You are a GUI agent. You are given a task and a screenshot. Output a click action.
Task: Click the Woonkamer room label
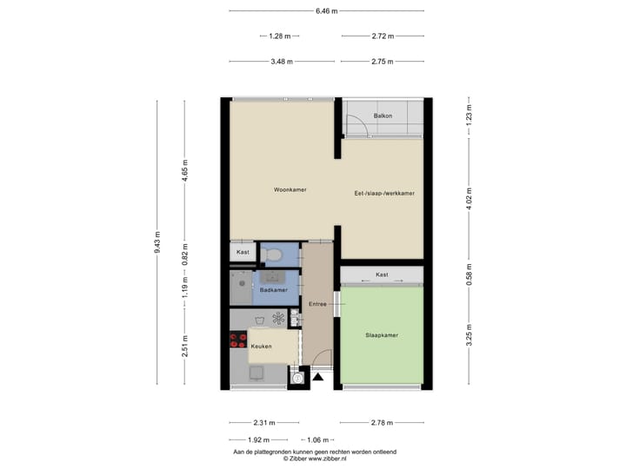tap(290, 189)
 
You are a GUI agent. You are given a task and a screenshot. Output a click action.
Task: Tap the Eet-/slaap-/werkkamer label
tap(383, 194)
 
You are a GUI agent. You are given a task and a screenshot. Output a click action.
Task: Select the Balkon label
tap(383, 116)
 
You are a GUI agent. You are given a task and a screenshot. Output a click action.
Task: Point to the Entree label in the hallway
tap(316, 303)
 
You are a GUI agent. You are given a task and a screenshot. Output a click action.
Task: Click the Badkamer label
tap(273, 291)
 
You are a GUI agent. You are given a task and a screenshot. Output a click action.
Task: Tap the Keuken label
tap(261, 347)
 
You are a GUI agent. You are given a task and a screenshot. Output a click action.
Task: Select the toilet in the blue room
tap(274, 254)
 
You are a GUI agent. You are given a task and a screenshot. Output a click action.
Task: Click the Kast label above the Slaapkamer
tap(382, 274)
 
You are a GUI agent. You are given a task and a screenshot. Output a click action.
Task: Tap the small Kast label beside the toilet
tap(243, 252)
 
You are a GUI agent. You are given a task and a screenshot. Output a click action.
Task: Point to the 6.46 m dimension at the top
tap(327, 10)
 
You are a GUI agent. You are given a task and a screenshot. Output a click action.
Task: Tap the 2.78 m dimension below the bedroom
tap(382, 423)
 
